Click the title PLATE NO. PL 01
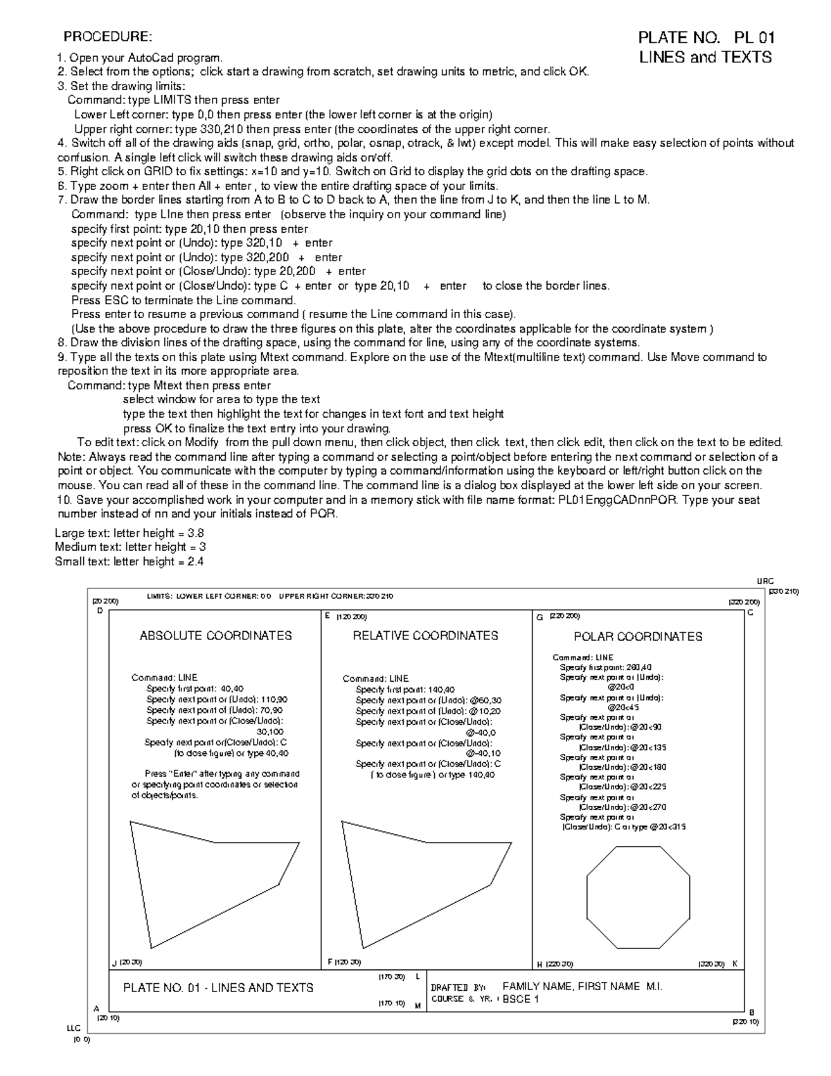click(x=706, y=37)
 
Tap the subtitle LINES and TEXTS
click(x=704, y=58)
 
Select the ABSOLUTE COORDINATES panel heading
click(x=215, y=635)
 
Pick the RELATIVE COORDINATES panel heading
click(x=425, y=635)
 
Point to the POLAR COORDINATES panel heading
click(x=638, y=636)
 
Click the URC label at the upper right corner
click(x=765, y=582)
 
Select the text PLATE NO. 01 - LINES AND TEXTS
click(x=218, y=987)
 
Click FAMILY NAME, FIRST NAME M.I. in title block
click(x=582, y=987)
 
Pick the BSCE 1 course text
click(x=520, y=999)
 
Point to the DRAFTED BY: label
click(x=458, y=987)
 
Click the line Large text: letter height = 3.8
click(x=129, y=533)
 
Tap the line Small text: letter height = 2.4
click(x=129, y=562)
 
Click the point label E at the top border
click(x=327, y=615)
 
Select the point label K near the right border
click(x=735, y=964)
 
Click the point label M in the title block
click(x=417, y=1005)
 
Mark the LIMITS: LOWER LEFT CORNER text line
click(x=270, y=596)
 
